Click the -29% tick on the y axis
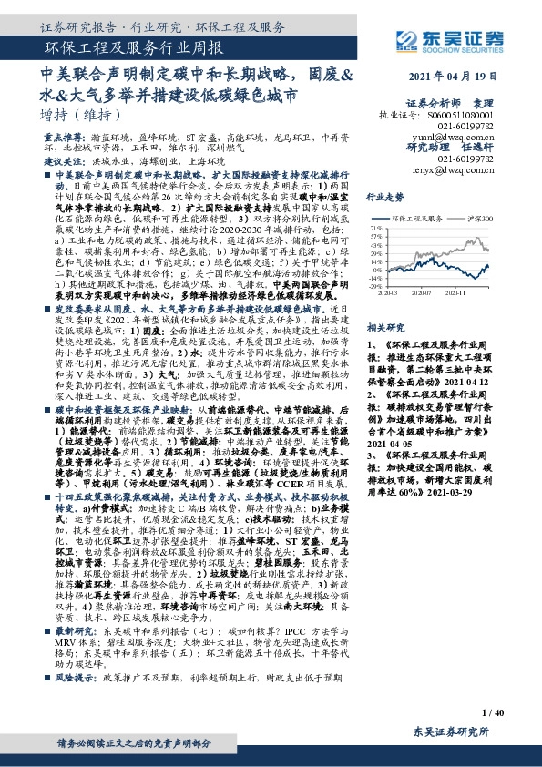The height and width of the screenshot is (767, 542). pyautogui.click(x=374, y=286)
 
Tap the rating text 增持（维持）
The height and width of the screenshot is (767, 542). pyautogui.click(x=81, y=115)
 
